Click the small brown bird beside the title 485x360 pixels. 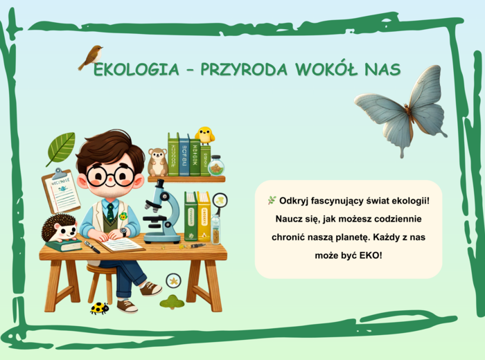tap(91, 56)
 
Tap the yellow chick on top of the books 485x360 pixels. tap(204, 134)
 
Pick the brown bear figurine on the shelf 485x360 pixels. tap(157, 162)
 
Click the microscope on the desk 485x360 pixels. tap(161, 211)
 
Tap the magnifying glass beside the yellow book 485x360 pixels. tap(220, 201)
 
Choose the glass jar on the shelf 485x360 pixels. tap(217, 166)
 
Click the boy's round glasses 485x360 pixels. tap(112, 174)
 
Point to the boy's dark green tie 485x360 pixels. tap(110, 210)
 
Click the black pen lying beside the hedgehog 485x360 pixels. tap(92, 246)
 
